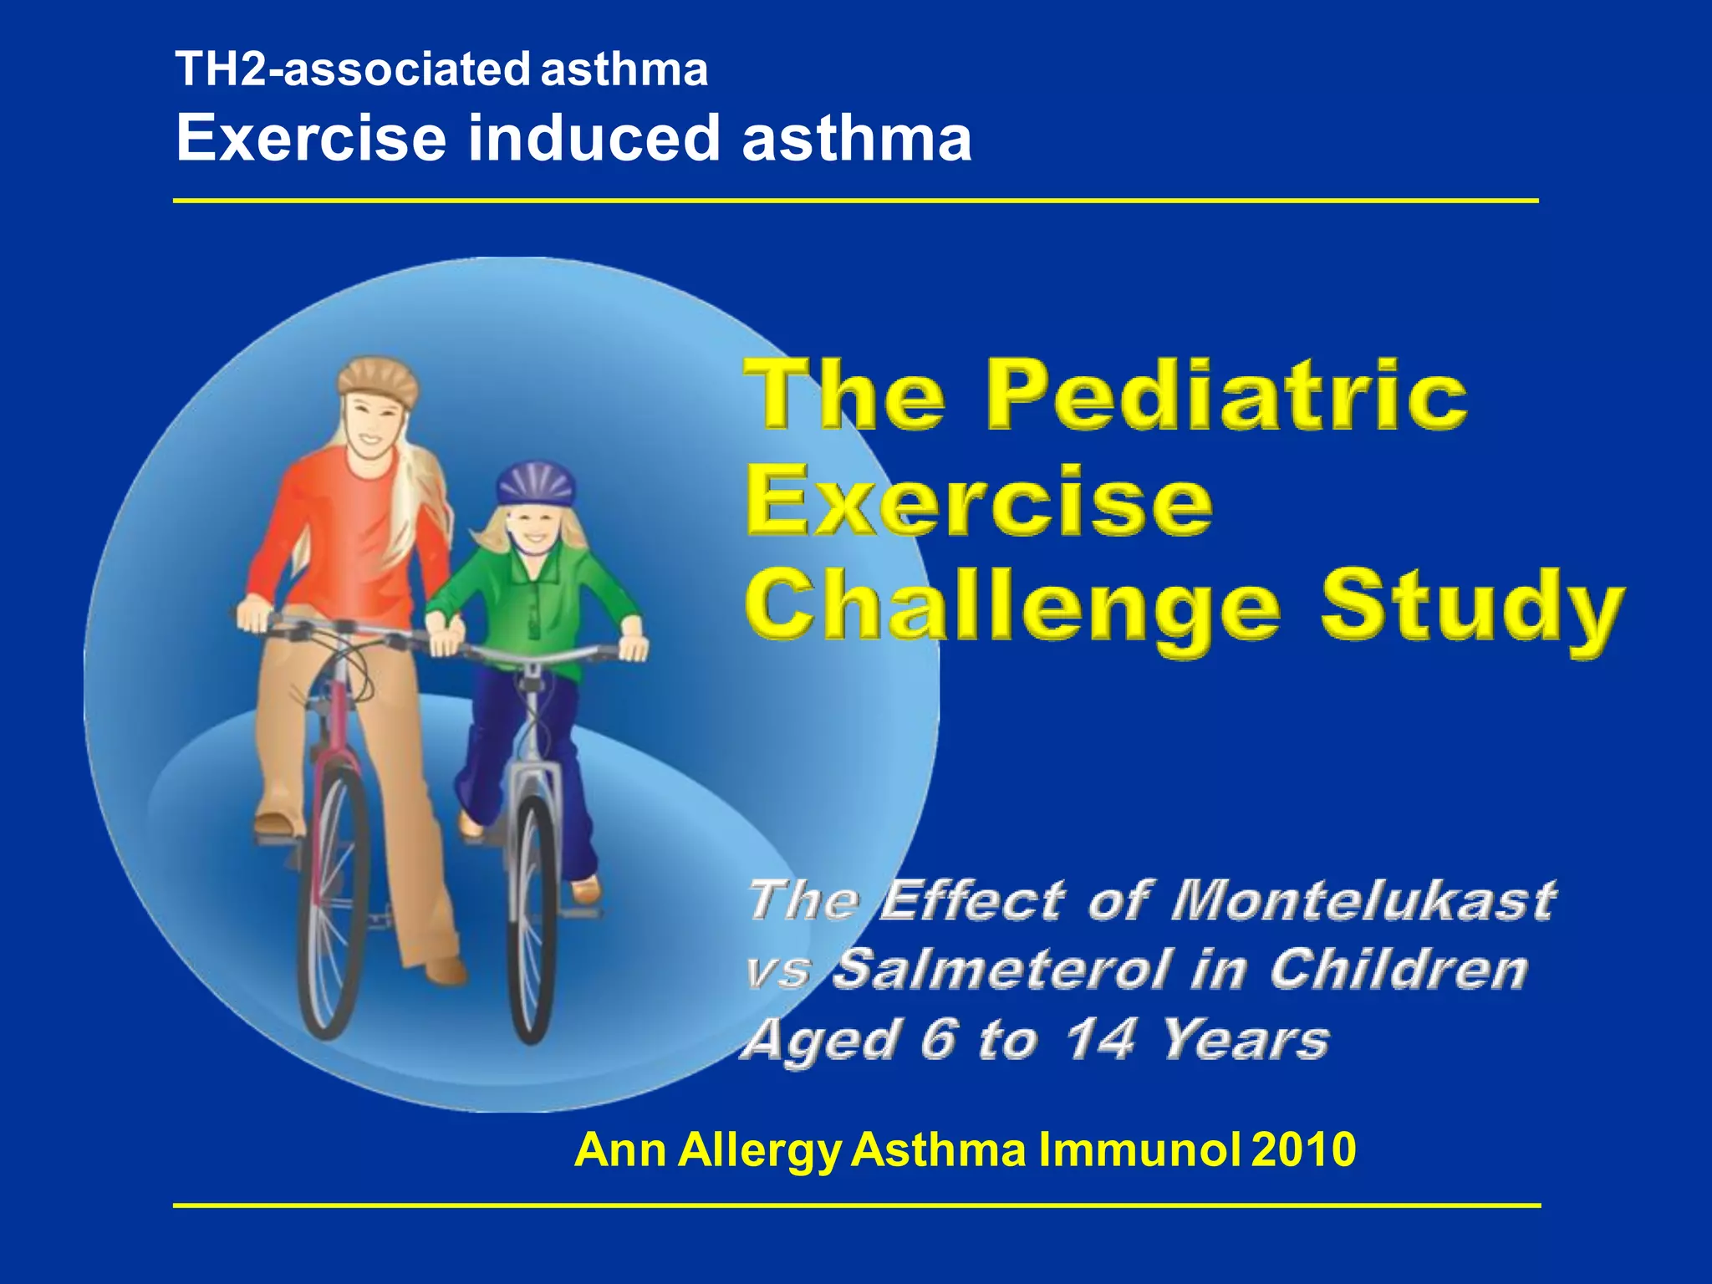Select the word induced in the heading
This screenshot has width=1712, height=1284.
(594, 138)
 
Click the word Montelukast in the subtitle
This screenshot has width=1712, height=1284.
(1363, 901)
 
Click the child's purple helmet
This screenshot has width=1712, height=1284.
(536, 484)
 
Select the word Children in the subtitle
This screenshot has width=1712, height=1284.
(1399, 970)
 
